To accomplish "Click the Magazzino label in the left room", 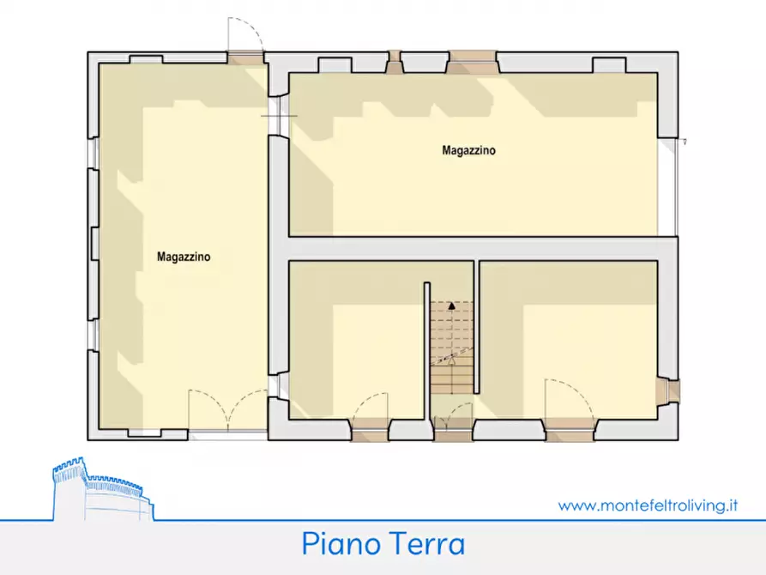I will coord(184,256).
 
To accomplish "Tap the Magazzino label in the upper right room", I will coord(468,150).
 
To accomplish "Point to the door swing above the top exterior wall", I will coord(243,36).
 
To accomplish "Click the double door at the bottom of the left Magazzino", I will coord(228,409).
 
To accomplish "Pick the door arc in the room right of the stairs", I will coord(566,399).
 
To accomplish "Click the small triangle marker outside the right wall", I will coord(685,142).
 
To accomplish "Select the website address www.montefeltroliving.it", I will coord(648,505).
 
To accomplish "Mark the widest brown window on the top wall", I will coord(473,61).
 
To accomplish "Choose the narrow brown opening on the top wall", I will coord(395,62).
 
